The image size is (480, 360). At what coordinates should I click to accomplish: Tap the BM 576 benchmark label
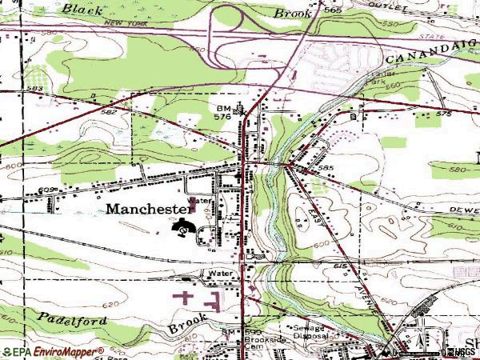(x=224, y=112)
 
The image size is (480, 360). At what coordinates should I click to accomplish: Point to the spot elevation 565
(x=334, y=10)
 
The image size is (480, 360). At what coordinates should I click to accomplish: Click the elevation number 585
(x=325, y=169)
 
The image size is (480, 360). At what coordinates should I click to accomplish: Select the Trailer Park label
(x=359, y=82)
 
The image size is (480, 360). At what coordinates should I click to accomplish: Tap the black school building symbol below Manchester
(x=183, y=230)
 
